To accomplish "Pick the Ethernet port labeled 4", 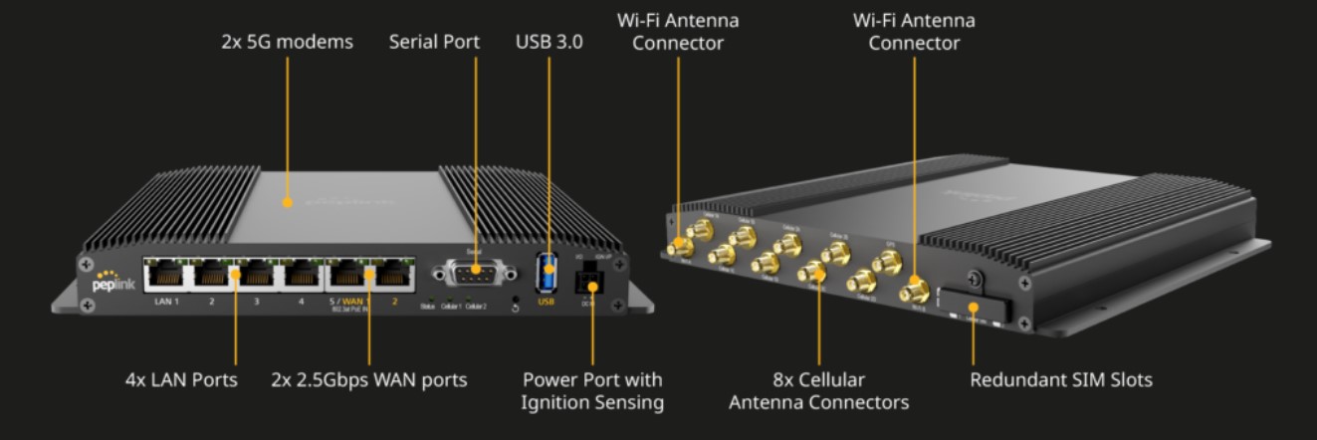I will pyautogui.click(x=302, y=274).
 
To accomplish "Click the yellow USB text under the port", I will pyautogui.click(x=547, y=300).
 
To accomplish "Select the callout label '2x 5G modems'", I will pyautogui.click(x=287, y=43).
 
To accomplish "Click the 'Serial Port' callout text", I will pyautogui.click(x=434, y=43).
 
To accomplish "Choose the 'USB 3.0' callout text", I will pyautogui.click(x=549, y=43).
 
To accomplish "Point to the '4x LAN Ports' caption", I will pyautogui.click(x=181, y=380).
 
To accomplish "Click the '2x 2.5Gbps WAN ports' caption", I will pyautogui.click(x=369, y=380).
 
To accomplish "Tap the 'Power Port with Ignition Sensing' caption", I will pyautogui.click(x=592, y=391).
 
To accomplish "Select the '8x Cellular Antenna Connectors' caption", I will pyautogui.click(x=818, y=391).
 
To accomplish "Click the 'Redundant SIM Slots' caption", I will pyautogui.click(x=1061, y=380).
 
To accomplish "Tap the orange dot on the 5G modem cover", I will pyautogui.click(x=287, y=202).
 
